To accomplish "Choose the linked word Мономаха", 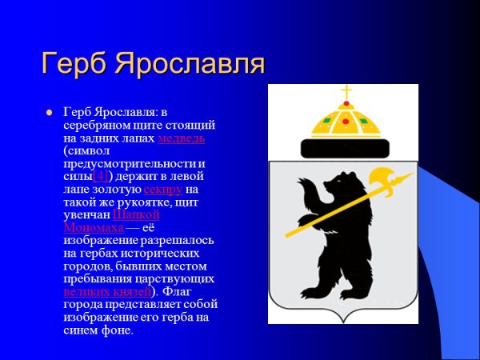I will tap(93, 228).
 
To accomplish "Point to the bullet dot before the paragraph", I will tap(49, 113).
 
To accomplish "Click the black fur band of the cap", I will tap(346, 147).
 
